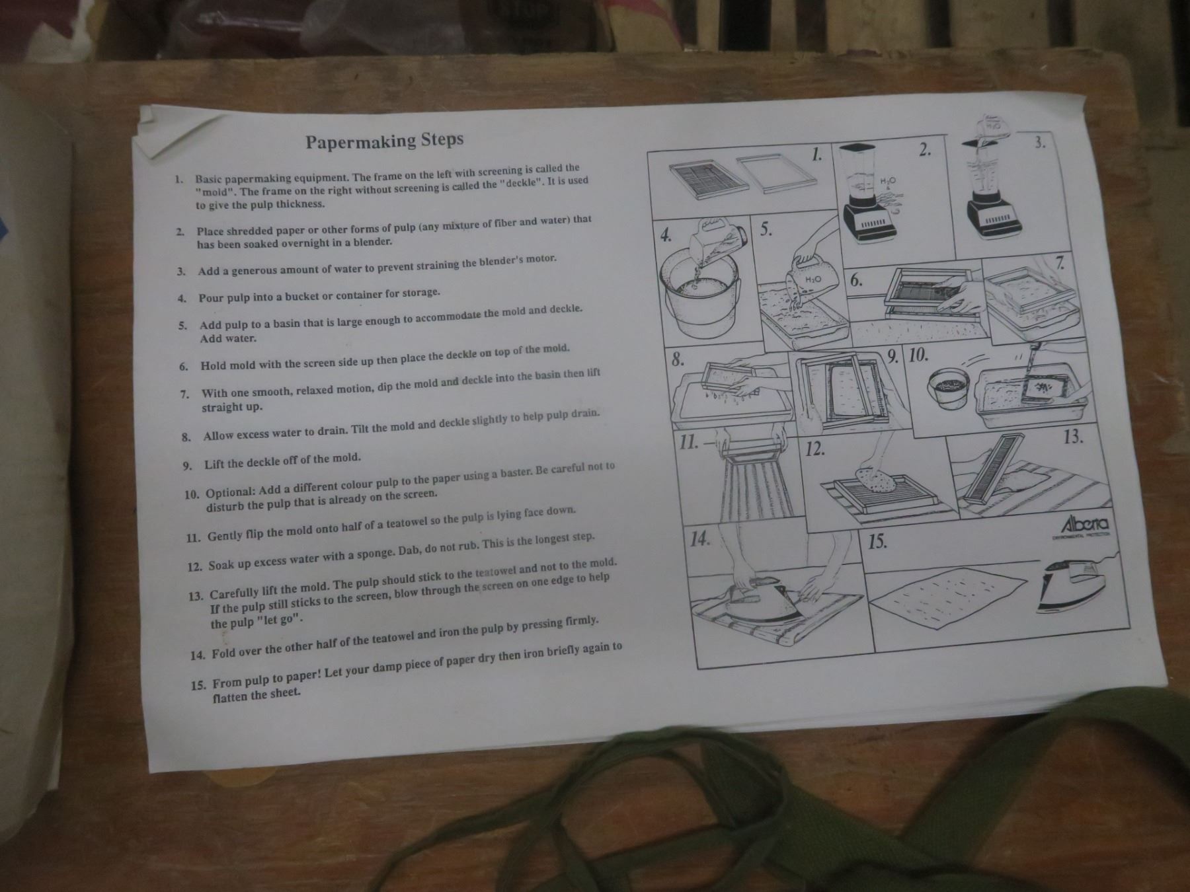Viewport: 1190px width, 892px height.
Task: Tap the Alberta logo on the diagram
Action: point(1084,526)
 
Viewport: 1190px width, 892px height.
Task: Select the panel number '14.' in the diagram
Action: point(700,539)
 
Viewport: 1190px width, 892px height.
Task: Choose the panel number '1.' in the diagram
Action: point(818,155)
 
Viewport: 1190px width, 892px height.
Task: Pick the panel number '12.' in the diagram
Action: point(816,450)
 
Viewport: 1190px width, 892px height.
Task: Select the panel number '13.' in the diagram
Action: point(1073,437)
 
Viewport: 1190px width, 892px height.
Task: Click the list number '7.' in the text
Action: point(184,394)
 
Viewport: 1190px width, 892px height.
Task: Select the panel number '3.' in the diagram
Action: point(1041,142)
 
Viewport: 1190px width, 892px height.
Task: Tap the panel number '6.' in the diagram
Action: point(856,280)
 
